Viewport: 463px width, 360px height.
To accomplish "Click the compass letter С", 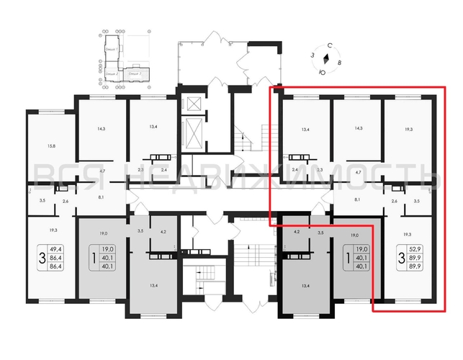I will (x=329, y=45).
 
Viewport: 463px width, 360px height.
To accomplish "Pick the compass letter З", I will (x=313, y=54).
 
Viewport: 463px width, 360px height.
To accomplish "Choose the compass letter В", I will (x=339, y=63).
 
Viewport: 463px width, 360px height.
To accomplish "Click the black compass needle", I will (x=326, y=59).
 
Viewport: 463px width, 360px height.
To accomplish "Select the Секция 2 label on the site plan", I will (x=111, y=74).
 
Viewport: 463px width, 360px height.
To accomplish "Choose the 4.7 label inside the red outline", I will (x=358, y=173).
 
